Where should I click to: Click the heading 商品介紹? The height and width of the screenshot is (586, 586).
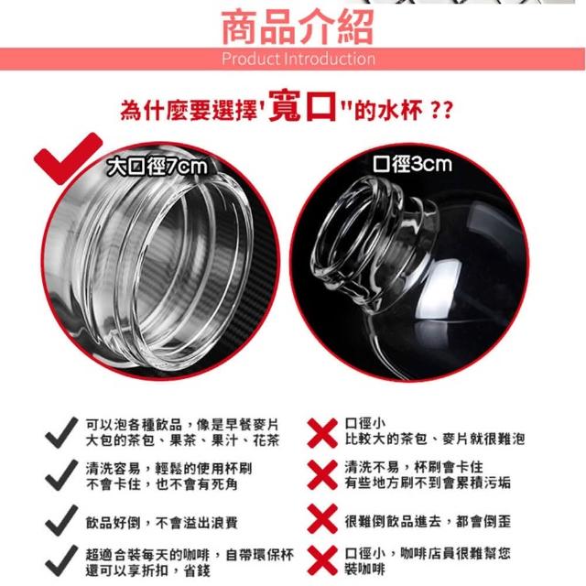[x=298, y=27]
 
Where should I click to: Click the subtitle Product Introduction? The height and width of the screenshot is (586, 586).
[x=298, y=59]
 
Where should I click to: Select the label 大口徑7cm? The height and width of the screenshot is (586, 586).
[x=157, y=167]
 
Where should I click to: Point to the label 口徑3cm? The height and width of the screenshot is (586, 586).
[x=412, y=164]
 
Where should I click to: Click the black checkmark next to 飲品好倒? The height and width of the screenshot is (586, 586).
[x=61, y=520]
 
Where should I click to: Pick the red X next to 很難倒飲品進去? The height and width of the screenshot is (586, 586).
[x=322, y=519]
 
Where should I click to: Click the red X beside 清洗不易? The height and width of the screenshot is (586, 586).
[x=322, y=474]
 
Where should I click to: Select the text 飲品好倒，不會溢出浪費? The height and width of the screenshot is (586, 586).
[x=161, y=522]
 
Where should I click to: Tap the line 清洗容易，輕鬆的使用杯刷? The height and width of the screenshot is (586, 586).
[x=168, y=468]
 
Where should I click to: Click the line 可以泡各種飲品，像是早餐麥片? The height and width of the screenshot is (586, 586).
[x=182, y=425]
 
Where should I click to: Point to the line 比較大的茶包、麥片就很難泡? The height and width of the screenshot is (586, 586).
[x=435, y=439]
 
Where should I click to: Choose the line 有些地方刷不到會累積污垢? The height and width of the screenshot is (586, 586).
[x=428, y=483]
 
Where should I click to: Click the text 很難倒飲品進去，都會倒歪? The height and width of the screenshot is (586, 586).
[x=428, y=521]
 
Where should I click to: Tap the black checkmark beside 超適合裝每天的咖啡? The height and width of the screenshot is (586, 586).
[x=61, y=560]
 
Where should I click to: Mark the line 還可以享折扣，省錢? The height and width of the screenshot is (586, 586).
[x=148, y=570]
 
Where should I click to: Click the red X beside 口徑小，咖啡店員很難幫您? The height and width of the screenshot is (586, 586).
[x=322, y=560]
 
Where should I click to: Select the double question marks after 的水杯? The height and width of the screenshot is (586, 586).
[x=441, y=110]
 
